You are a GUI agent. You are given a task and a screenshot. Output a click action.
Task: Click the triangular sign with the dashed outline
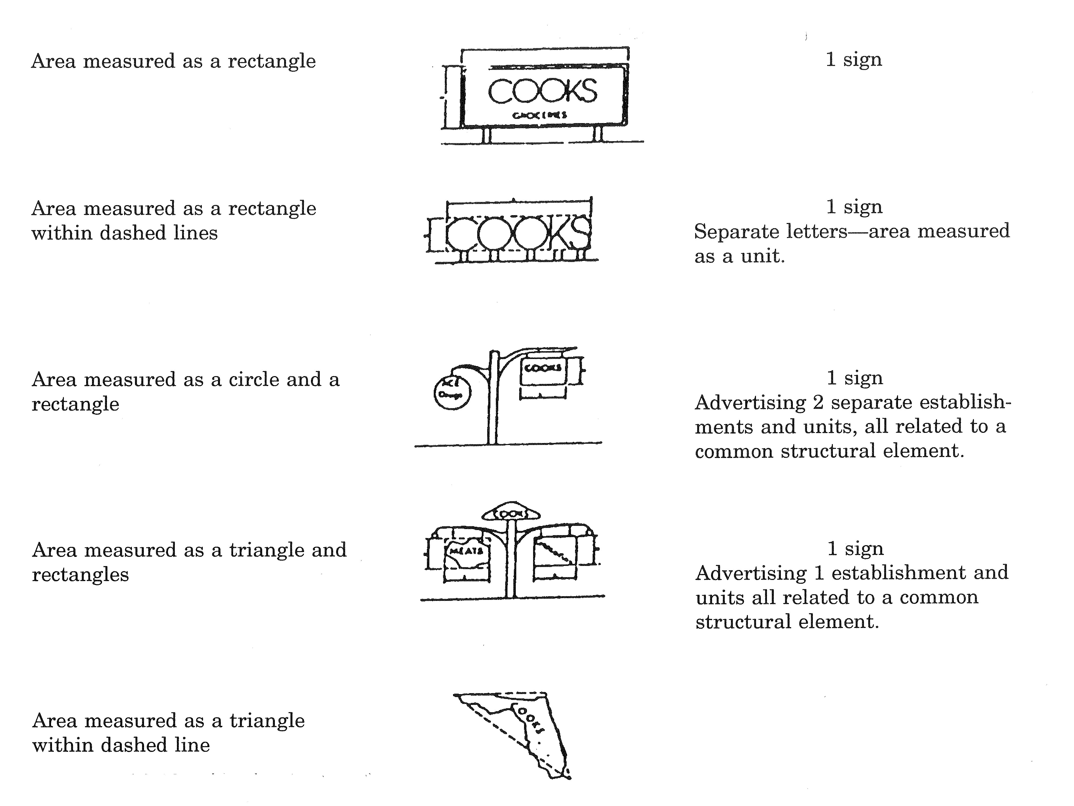pyautogui.click(x=524, y=729)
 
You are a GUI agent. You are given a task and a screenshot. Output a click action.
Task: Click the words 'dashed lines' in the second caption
pyautogui.click(x=159, y=233)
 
